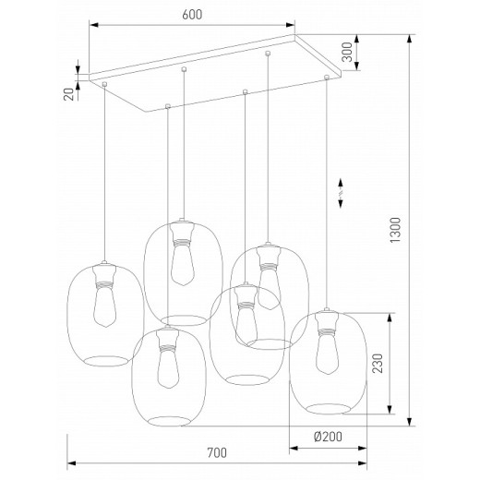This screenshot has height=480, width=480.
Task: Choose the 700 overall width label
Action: (x=216, y=453)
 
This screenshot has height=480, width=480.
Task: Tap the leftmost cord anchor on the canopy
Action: (x=105, y=85)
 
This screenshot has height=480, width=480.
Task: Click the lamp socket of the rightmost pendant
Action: (x=324, y=322)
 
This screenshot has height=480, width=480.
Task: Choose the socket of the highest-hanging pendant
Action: (x=181, y=234)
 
